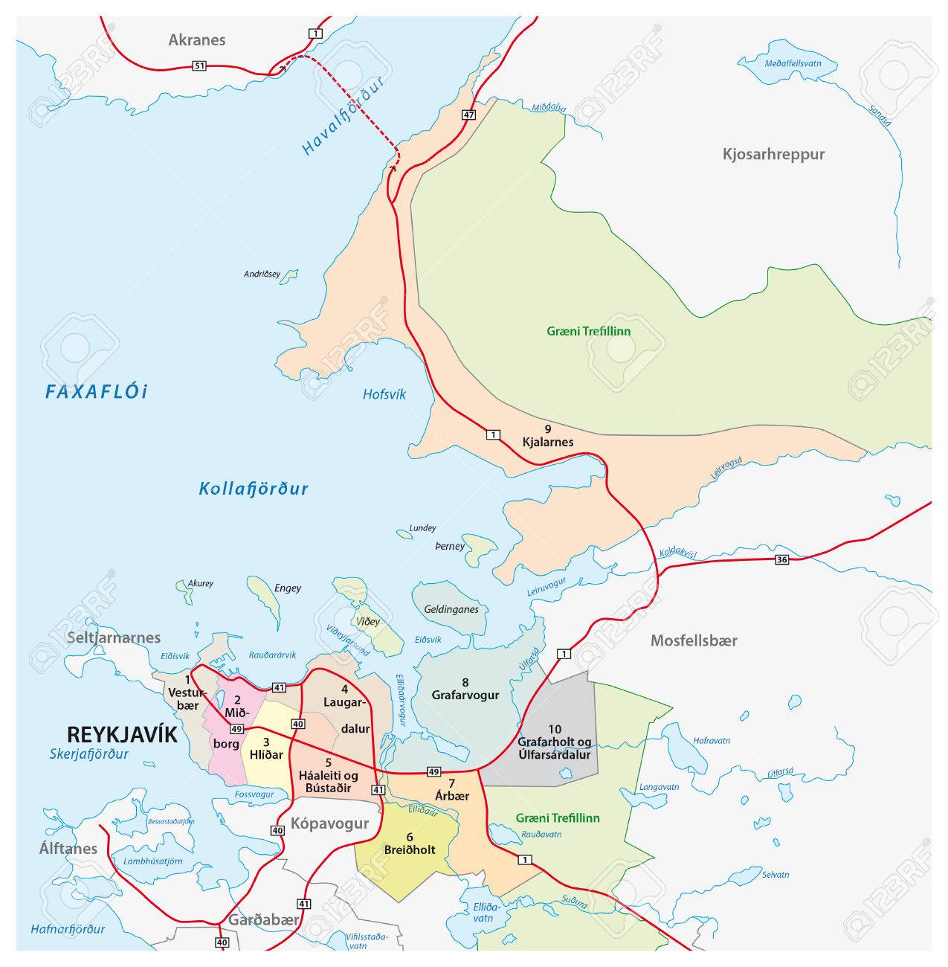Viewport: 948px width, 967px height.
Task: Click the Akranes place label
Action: tap(196, 40)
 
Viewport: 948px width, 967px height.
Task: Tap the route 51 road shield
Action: tap(198, 66)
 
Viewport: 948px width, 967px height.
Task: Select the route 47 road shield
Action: tap(468, 115)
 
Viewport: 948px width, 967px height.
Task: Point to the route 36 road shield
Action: tap(780, 559)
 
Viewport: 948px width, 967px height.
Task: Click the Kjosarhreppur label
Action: tap(773, 155)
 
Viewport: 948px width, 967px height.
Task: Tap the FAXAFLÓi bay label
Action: tap(97, 392)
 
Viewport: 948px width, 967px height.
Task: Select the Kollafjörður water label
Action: tap(253, 489)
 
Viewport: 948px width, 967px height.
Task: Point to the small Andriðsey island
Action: tap(287, 277)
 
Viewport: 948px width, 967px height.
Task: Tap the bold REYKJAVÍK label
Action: tap(122, 734)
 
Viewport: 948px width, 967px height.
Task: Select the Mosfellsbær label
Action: tap(693, 640)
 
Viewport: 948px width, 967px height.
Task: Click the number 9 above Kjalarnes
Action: tap(547, 428)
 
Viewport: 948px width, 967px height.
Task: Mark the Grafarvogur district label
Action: tap(465, 695)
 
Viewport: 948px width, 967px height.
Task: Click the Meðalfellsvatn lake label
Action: tap(792, 64)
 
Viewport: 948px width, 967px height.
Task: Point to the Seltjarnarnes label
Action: tap(113, 637)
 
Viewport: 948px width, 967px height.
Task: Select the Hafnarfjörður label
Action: tap(68, 928)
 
